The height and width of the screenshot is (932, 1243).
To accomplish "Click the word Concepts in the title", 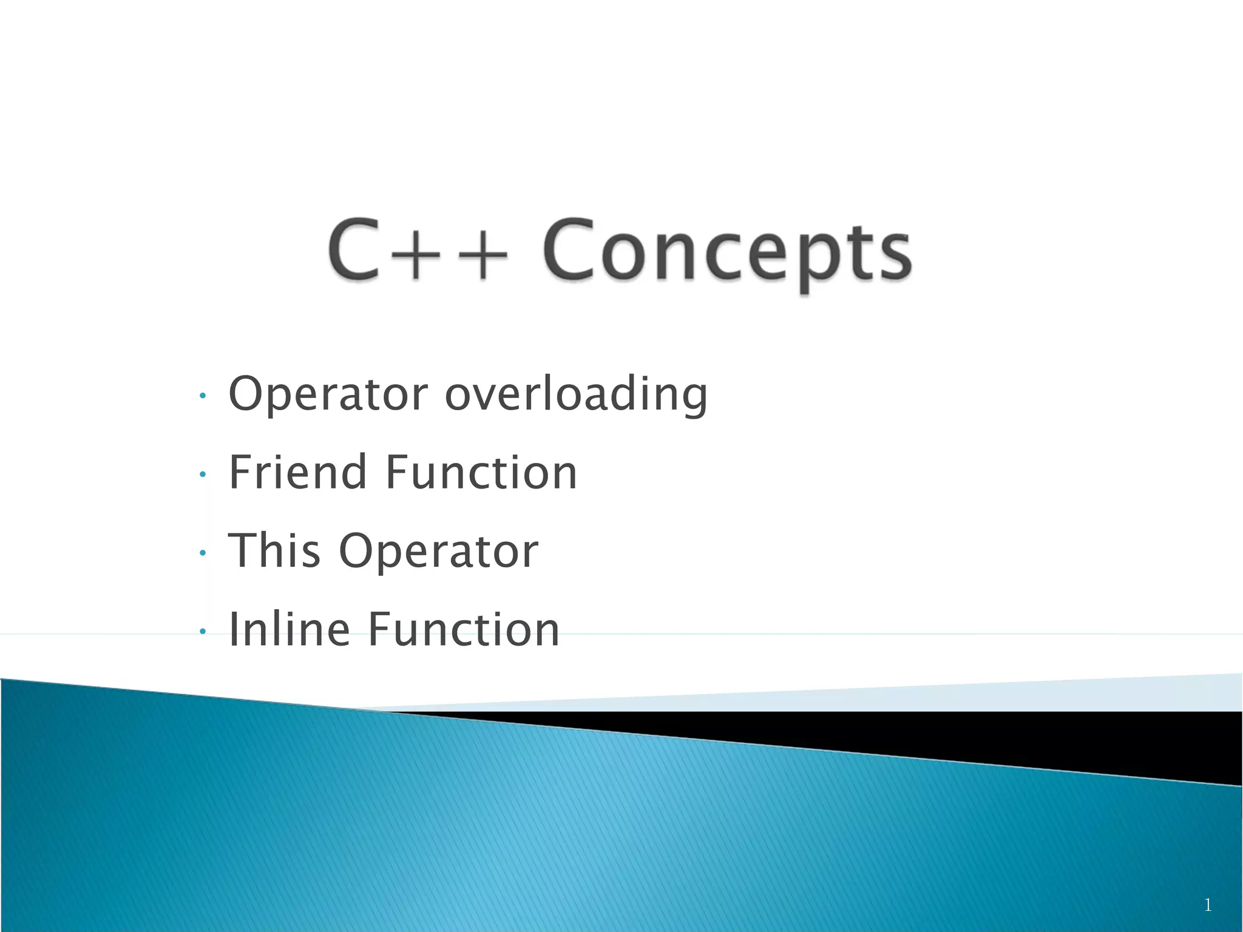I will (x=726, y=252).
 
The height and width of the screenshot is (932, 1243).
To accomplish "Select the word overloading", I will (x=576, y=394).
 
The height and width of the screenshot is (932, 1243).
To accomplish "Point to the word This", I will (x=274, y=550).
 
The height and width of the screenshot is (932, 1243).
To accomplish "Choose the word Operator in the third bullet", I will (x=438, y=551).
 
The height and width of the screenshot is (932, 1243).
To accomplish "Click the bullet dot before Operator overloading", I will (x=203, y=396).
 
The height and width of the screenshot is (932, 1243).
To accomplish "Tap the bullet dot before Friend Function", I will (x=203, y=474).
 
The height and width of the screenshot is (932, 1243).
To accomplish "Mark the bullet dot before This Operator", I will (x=203, y=553).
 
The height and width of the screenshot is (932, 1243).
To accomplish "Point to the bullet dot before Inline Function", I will (x=203, y=632).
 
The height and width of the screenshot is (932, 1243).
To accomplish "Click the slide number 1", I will (x=1208, y=905).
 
